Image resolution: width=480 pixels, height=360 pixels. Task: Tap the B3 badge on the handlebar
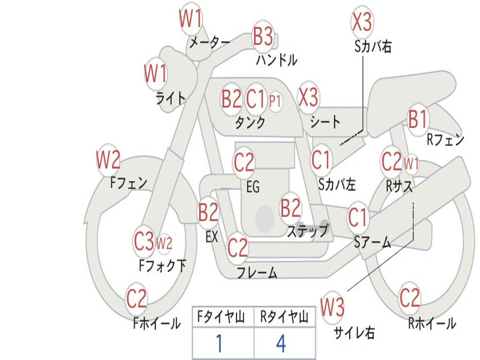click(x=263, y=36)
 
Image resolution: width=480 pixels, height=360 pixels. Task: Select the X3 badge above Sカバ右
click(x=361, y=22)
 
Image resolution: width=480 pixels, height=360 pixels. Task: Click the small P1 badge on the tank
click(x=275, y=100)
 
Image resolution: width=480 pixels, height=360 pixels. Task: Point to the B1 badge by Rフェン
click(x=418, y=119)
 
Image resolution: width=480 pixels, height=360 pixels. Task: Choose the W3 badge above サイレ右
click(x=332, y=307)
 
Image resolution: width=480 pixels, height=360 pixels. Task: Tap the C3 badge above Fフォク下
click(x=144, y=241)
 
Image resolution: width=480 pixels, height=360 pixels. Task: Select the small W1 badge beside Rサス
click(x=411, y=164)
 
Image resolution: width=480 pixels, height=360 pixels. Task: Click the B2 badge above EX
click(x=209, y=213)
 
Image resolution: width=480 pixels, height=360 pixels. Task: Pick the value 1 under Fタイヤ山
click(x=218, y=344)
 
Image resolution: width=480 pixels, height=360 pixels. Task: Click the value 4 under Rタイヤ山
click(x=281, y=344)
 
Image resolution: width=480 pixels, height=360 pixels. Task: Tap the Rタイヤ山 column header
click(x=284, y=318)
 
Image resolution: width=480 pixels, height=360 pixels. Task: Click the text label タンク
click(x=250, y=123)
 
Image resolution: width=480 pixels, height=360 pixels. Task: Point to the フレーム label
click(x=257, y=272)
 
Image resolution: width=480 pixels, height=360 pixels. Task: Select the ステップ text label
click(x=308, y=231)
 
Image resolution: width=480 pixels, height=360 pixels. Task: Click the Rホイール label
click(x=432, y=323)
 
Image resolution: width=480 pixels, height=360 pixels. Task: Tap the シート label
click(x=325, y=122)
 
